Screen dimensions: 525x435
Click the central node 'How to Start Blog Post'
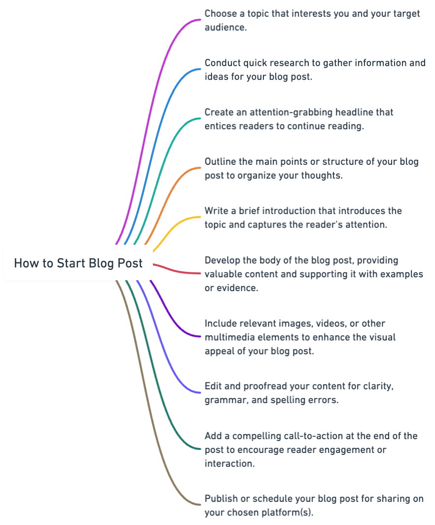78,262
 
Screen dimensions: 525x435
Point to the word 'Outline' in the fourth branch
221,161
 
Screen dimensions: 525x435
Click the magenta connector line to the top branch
148,99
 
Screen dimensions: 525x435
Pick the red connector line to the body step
178,271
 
